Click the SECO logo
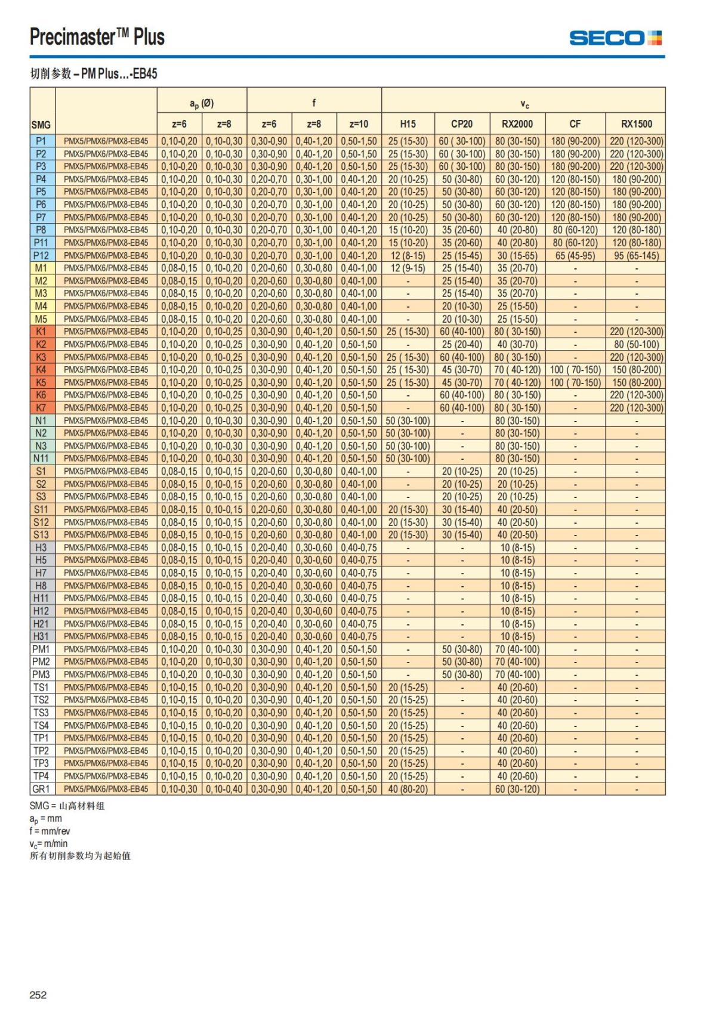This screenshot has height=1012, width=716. click(615, 38)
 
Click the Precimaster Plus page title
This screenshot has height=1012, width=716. click(97, 37)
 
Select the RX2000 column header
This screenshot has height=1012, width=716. click(517, 124)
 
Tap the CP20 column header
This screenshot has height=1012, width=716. click(462, 124)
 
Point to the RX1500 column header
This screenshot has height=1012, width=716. click(636, 124)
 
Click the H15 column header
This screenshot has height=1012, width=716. click(408, 124)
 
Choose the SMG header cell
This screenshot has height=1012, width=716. click(41, 125)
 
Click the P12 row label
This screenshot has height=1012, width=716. click(41, 255)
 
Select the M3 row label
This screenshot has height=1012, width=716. click(41, 293)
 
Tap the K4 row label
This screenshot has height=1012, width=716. click(41, 370)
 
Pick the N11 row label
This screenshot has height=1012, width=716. click(41, 459)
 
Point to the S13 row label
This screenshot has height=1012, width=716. click(41, 535)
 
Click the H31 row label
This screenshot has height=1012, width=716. click(41, 636)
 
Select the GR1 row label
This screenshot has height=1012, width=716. click(41, 789)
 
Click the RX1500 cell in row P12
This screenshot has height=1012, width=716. click(636, 255)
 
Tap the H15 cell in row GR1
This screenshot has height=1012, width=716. click(408, 789)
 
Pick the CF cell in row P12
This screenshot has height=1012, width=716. click(575, 255)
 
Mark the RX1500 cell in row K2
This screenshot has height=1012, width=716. click(636, 344)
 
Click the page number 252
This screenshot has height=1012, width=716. click(38, 995)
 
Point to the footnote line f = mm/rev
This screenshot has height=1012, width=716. click(50, 831)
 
